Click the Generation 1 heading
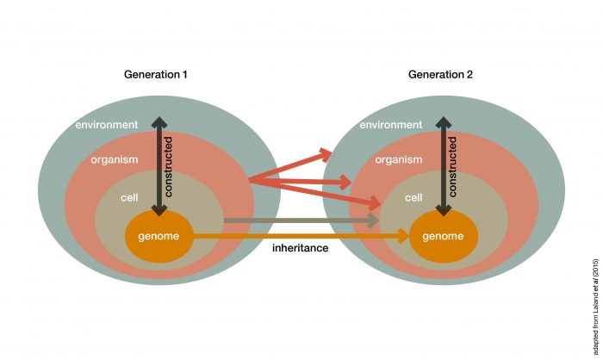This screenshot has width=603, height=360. (154, 75)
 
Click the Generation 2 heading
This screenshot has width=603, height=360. (440, 75)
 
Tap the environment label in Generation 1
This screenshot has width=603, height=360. (106, 125)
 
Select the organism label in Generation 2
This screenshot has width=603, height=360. (398, 159)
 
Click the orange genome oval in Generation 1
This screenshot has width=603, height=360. (159, 235)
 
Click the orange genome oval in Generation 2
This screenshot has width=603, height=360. (443, 235)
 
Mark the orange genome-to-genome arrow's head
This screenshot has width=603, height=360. (404, 234)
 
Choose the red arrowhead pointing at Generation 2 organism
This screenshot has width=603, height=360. (345, 183)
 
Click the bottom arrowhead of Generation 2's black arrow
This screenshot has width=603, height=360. (442, 209)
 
